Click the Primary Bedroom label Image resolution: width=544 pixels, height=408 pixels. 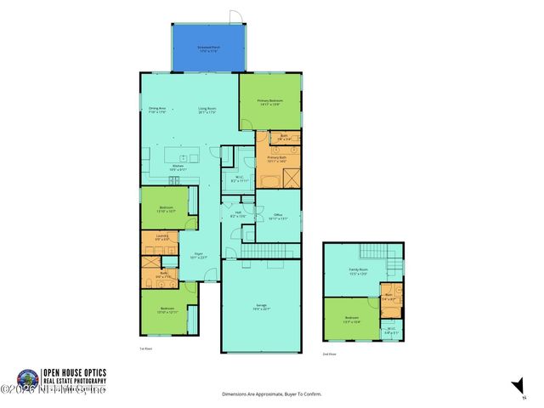click(x=270, y=102)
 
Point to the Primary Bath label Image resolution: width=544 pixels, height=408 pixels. click(x=277, y=159)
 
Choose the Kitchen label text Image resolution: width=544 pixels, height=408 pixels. click(x=178, y=167)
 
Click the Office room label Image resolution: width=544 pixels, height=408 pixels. click(x=278, y=217)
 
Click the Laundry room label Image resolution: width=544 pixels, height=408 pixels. click(x=161, y=239)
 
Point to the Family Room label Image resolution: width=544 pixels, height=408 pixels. click(x=357, y=272)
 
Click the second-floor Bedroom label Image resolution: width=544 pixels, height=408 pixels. click(x=351, y=320)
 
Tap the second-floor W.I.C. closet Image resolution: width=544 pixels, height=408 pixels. click(x=391, y=331)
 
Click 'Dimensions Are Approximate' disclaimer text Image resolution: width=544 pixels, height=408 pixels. click(x=271, y=394)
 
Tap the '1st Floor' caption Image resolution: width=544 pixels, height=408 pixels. click(x=145, y=348)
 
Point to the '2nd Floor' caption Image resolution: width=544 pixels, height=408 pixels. click(x=329, y=353)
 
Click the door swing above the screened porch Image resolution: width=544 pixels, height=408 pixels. click(x=235, y=17)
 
